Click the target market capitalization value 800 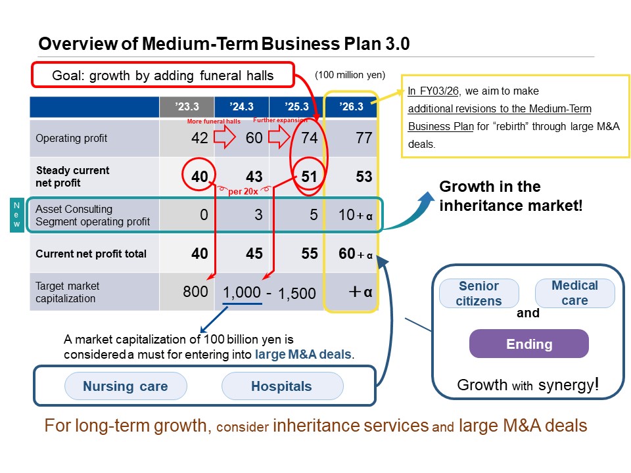(195, 291)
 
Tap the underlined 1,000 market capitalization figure (242, 292)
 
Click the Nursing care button (125, 386)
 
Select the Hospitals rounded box (282, 386)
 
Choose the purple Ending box (529, 344)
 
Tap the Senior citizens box (479, 294)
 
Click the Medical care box (574, 293)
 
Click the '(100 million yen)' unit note (350, 75)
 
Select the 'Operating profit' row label (72, 139)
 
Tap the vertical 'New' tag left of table (17, 215)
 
